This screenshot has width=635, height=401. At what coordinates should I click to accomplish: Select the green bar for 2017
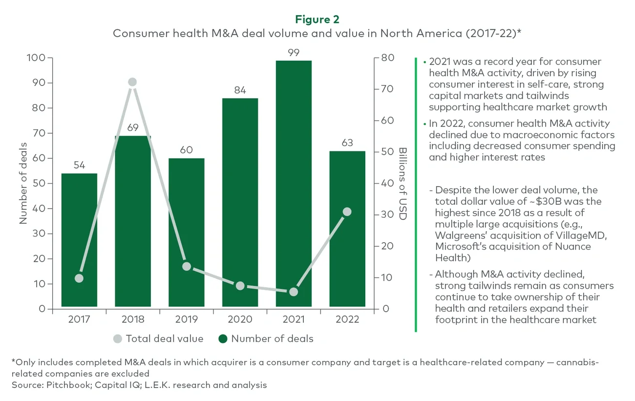pos(79,239)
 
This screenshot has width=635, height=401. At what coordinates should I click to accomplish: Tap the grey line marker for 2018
pos(132,82)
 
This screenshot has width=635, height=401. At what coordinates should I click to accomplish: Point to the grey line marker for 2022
pos(347,211)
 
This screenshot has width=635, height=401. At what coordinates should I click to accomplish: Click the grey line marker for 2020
pos(240,286)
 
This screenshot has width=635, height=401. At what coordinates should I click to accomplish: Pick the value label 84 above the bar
pos(240,90)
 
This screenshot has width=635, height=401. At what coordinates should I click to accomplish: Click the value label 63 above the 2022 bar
pos(347,143)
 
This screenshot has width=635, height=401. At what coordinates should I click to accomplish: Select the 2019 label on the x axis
pos(186,320)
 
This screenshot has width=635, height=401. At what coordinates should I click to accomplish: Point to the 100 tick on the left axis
pos(37,58)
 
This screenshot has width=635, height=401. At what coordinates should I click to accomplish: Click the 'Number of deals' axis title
pos(23,183)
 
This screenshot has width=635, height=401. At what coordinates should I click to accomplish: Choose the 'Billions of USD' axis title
pos(402,183)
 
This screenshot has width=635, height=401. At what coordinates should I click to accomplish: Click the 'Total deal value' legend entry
pos(164,338)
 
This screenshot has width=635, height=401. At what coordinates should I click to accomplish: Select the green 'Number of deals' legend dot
pos(223,338)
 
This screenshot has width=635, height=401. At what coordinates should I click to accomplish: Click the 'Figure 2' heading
pos(317,20)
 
